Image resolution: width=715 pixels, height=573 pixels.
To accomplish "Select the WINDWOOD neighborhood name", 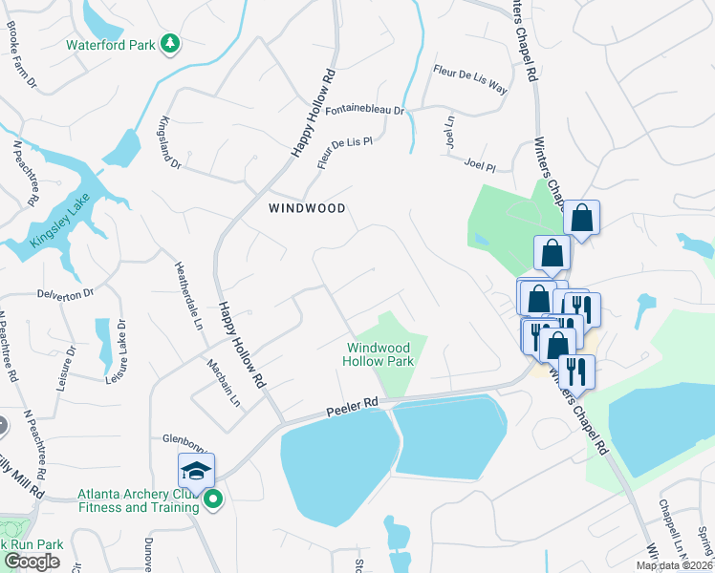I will pyautogui.click(x=306, y=207).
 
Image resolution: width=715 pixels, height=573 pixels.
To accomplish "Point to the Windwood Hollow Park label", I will pyautogui.click(x=379, y=355).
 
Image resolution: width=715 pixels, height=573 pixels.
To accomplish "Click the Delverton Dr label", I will pyautogui.click(x=66, y=293).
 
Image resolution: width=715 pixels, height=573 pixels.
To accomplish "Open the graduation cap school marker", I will pyautogui.click(x=196, y=471).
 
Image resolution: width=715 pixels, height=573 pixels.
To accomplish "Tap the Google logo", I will pyautogui.click(x=32, y=562).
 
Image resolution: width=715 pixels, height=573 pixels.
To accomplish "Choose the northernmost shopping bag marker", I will pyautogui.click(x=580, y=219).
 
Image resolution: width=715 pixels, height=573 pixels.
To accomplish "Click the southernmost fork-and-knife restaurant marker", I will pyautogui.click(x=576, y=371).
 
